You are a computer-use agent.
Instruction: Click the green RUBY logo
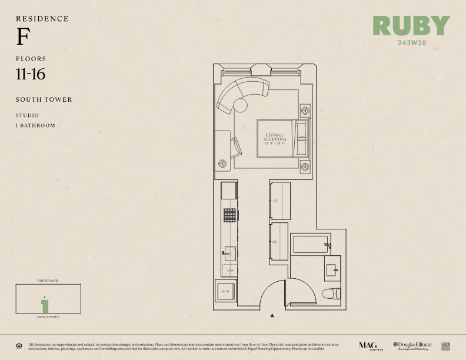point(411,26)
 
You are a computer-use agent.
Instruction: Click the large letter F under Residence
point(23,38)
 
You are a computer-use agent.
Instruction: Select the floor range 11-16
point(31,74)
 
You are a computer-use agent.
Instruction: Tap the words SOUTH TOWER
point(44,99)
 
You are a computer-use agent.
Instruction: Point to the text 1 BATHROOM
point(35,125)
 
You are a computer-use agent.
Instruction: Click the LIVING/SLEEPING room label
point(275,138)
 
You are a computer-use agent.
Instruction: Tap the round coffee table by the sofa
point(241,105)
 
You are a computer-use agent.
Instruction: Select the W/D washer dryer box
point(226,291)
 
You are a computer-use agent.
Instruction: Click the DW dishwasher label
point(230,270)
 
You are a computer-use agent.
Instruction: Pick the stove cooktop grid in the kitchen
point(229,215)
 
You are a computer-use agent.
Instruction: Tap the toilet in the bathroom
point(332,294)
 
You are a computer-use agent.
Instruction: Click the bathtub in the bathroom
point(311,244)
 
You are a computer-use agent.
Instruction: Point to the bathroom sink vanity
point(332,269)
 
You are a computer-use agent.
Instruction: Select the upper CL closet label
point(276,201)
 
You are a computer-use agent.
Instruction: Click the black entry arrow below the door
point(272,316)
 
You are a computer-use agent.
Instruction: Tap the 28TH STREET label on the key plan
point(48,317)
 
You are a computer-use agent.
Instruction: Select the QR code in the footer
point(445,346)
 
